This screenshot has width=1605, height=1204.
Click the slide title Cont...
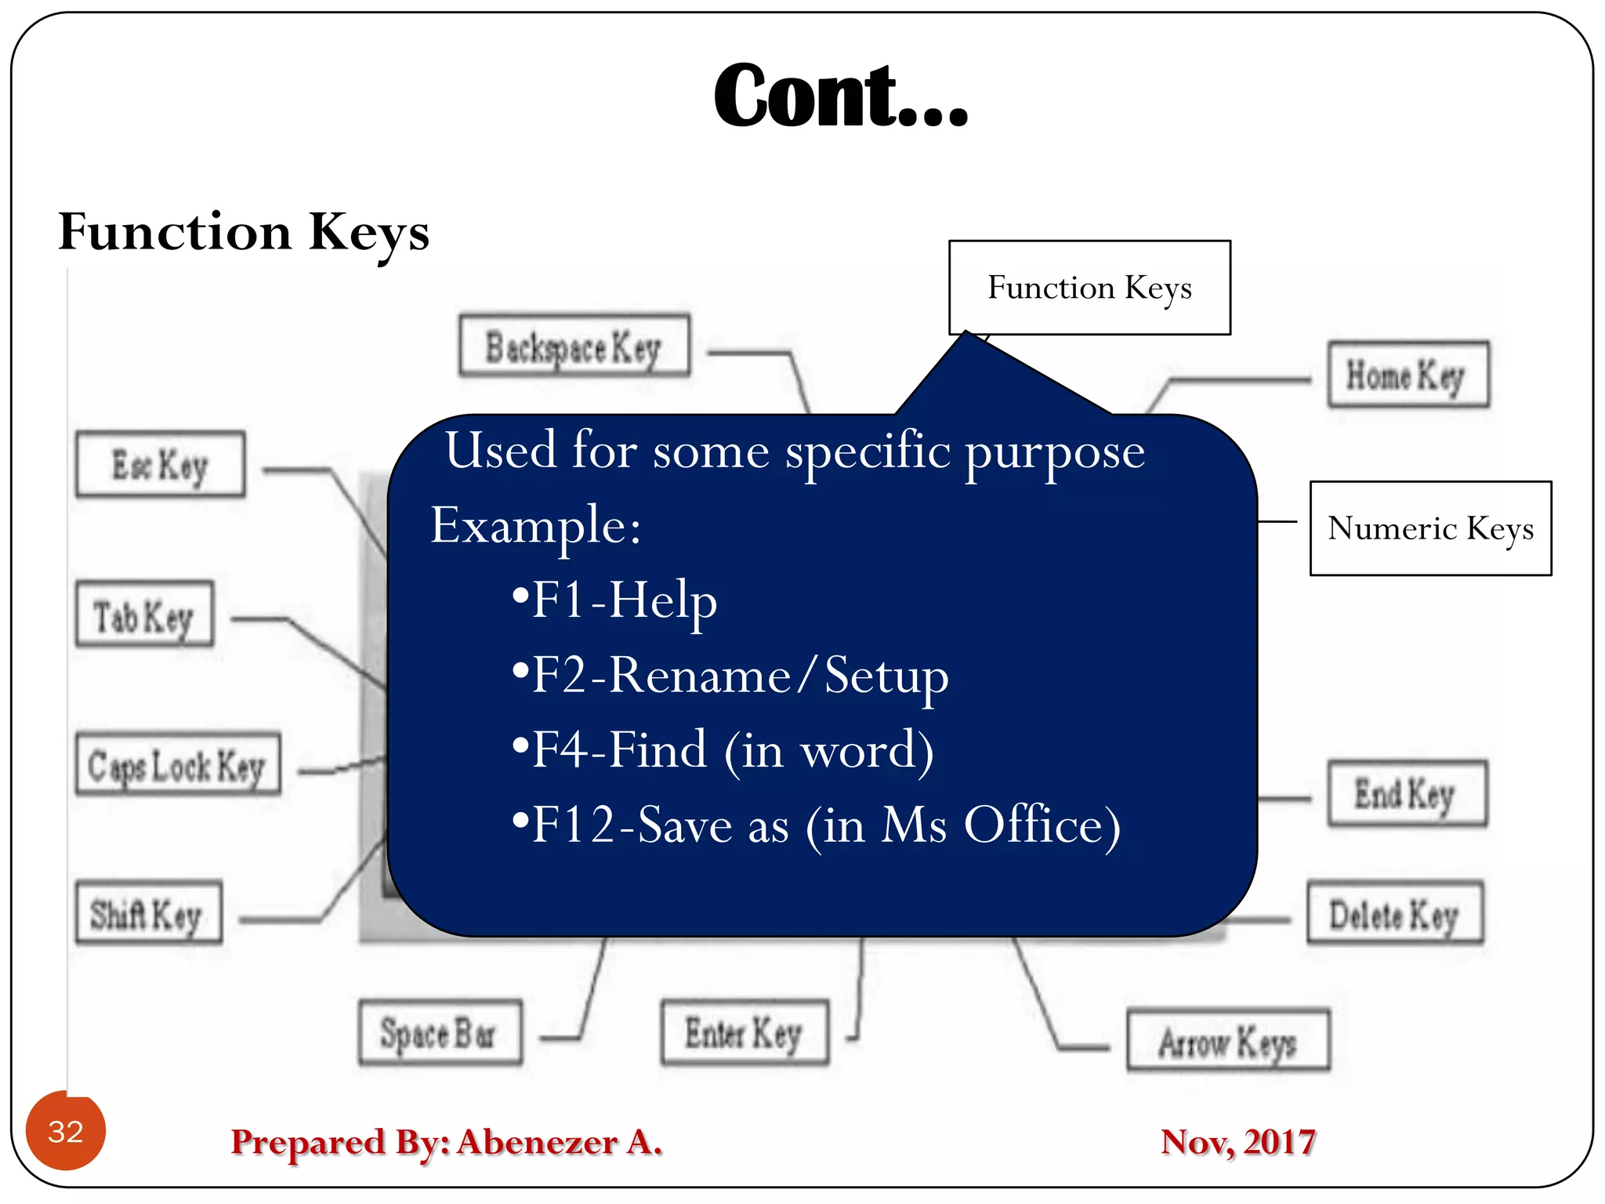[840, 96]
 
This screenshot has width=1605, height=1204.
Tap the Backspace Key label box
[574, 346]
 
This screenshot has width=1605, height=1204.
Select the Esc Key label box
[160, 464]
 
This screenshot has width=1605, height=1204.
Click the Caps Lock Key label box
[178, 765]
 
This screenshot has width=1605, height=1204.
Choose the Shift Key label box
[148, 913]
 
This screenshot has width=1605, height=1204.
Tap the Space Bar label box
[440, 1033]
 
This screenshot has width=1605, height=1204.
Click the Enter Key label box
[745, 1032]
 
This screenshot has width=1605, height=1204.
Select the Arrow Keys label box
[1228, 1041]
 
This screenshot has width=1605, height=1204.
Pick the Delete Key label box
[1394, 913]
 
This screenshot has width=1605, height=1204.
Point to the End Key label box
[1407, 793]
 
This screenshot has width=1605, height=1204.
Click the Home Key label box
[1408, 375]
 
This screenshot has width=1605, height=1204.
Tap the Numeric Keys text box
[1430, 528]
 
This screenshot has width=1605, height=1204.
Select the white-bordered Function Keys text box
[1089, 288]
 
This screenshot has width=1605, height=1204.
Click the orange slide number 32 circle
[66, 1131]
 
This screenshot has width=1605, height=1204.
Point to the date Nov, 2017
[1237, 1142]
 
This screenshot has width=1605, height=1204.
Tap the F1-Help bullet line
[614, 600]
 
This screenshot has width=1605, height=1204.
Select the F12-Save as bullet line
[816, 825]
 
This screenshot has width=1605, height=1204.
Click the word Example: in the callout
[536, 525]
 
